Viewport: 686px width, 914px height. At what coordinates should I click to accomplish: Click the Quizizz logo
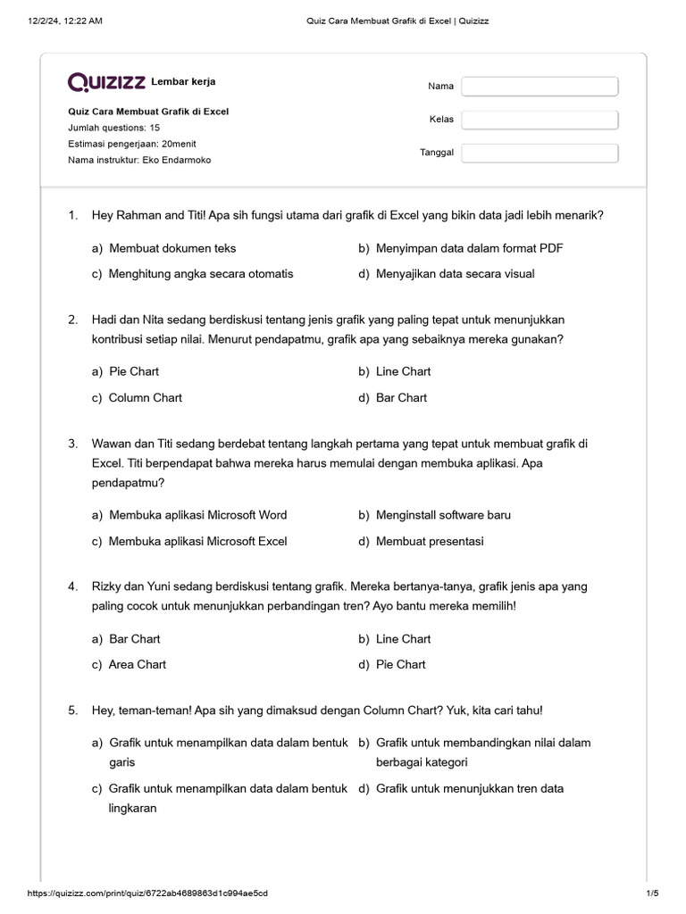[x=106, y=82]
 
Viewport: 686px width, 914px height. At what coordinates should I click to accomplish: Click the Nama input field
[x=540, y=87]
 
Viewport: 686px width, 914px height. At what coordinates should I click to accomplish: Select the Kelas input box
[x=540, y=120]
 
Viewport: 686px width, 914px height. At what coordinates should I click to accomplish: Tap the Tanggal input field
[x=540, y=153]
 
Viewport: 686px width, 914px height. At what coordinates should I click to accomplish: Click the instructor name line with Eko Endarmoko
[x=139, y=160]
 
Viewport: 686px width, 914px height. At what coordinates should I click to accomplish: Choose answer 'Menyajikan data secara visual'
[x=455, y=274]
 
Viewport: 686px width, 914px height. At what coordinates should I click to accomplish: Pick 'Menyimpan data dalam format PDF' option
[x=469, y=248]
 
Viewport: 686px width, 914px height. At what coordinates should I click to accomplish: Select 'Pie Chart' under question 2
[x=133, y=371]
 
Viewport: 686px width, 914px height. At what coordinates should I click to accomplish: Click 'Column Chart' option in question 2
[x=145, y=397]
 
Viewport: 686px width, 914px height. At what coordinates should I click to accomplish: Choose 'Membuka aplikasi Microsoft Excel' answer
[x=197, y=541]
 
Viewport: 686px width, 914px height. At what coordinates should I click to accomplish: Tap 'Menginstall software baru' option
[x=443, y=515]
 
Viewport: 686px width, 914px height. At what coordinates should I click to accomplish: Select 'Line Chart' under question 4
[x=403, y=639]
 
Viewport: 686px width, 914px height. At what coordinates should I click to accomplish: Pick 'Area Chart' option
[x=137, y=664]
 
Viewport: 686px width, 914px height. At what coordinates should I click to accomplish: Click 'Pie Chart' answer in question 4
[x=400, y=664]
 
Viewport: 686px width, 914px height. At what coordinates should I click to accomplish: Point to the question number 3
[x=72, y=444]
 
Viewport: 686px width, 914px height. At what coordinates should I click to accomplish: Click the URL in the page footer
[x=147, y=893]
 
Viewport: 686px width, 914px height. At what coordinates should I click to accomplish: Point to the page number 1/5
[x=651, y=893]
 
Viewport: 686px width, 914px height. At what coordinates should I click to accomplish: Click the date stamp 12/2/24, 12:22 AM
[x=65, y=21]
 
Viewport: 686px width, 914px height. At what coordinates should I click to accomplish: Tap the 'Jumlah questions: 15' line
[x=113, y=128]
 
